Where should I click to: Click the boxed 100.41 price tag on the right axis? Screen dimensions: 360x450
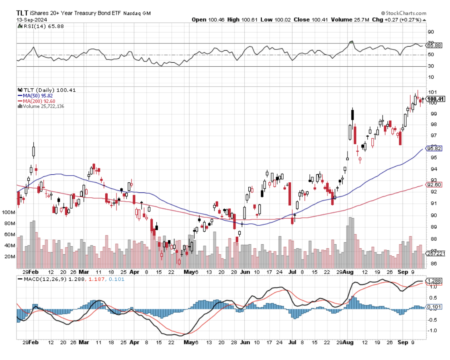(x=435, y=99)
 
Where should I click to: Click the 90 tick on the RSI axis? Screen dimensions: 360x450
(x=430, y=32)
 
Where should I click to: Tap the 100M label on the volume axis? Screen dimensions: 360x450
(x=8, y=212)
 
